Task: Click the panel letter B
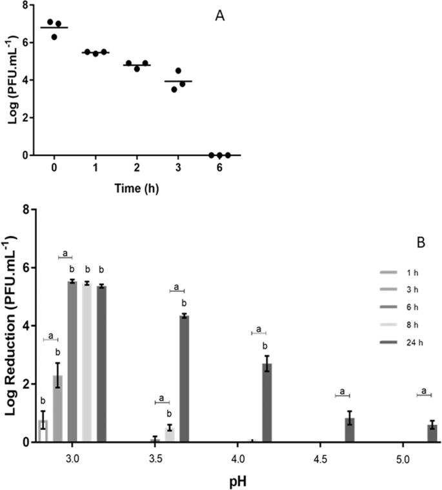[406, 244]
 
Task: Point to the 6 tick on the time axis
[219, 167]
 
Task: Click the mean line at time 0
[54, 28]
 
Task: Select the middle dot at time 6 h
[219, 155]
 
